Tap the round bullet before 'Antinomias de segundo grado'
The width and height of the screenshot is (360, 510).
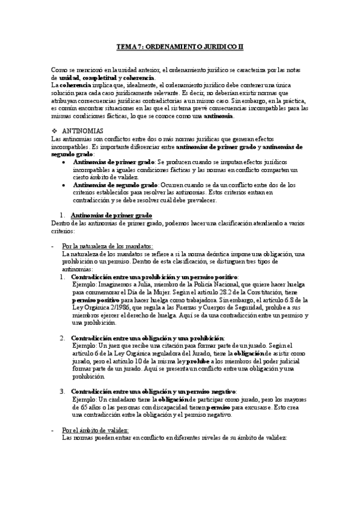click(65, 185)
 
